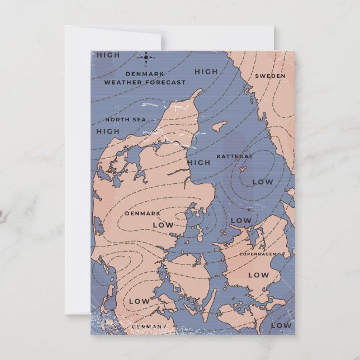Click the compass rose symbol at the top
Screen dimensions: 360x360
pyautogui.click(x=146, y=56)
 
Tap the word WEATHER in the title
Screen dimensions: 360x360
pyautogui.click(x=124, y=82)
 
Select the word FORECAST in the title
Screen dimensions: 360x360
pyautogui.click(x=165, y=82)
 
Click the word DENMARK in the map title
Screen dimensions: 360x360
pyautogui.click(x=144, y=74)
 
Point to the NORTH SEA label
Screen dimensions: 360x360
pyautogui.click(x=125, y=119)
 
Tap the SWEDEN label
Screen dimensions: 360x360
pyautogui.click(x=270, y=75)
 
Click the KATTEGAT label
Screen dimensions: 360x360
pyautogui.click(x=235, y=156)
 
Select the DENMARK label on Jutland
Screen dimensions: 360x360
pyautogui.click(x=143, y=213)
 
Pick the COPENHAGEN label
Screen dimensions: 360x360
pyautogui.click(x=258, y=254)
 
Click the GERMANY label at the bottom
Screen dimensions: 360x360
pyautogui.click(x=149, y=326)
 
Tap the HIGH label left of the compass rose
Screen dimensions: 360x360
pyautogui.click(x=108, y=55)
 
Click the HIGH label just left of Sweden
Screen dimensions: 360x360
pyautogui.click(x=206, y=71)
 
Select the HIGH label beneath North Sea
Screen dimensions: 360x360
pyautogui.click(x=108, y=131)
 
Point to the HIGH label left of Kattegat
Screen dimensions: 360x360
pyautogui.click(x=198, y=163)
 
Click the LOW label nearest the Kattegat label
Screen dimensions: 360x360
pyautogui.click(x=262, y=182)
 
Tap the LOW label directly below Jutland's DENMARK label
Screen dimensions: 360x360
pyautogui.click(x=163, y=225)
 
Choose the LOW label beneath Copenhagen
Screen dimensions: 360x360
pyautogui.click(x=258, y=274)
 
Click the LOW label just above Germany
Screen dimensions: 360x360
pyautogui.click(x=139, y=301)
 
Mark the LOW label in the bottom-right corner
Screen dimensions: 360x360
pyautogui.click(x=281, y=325)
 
